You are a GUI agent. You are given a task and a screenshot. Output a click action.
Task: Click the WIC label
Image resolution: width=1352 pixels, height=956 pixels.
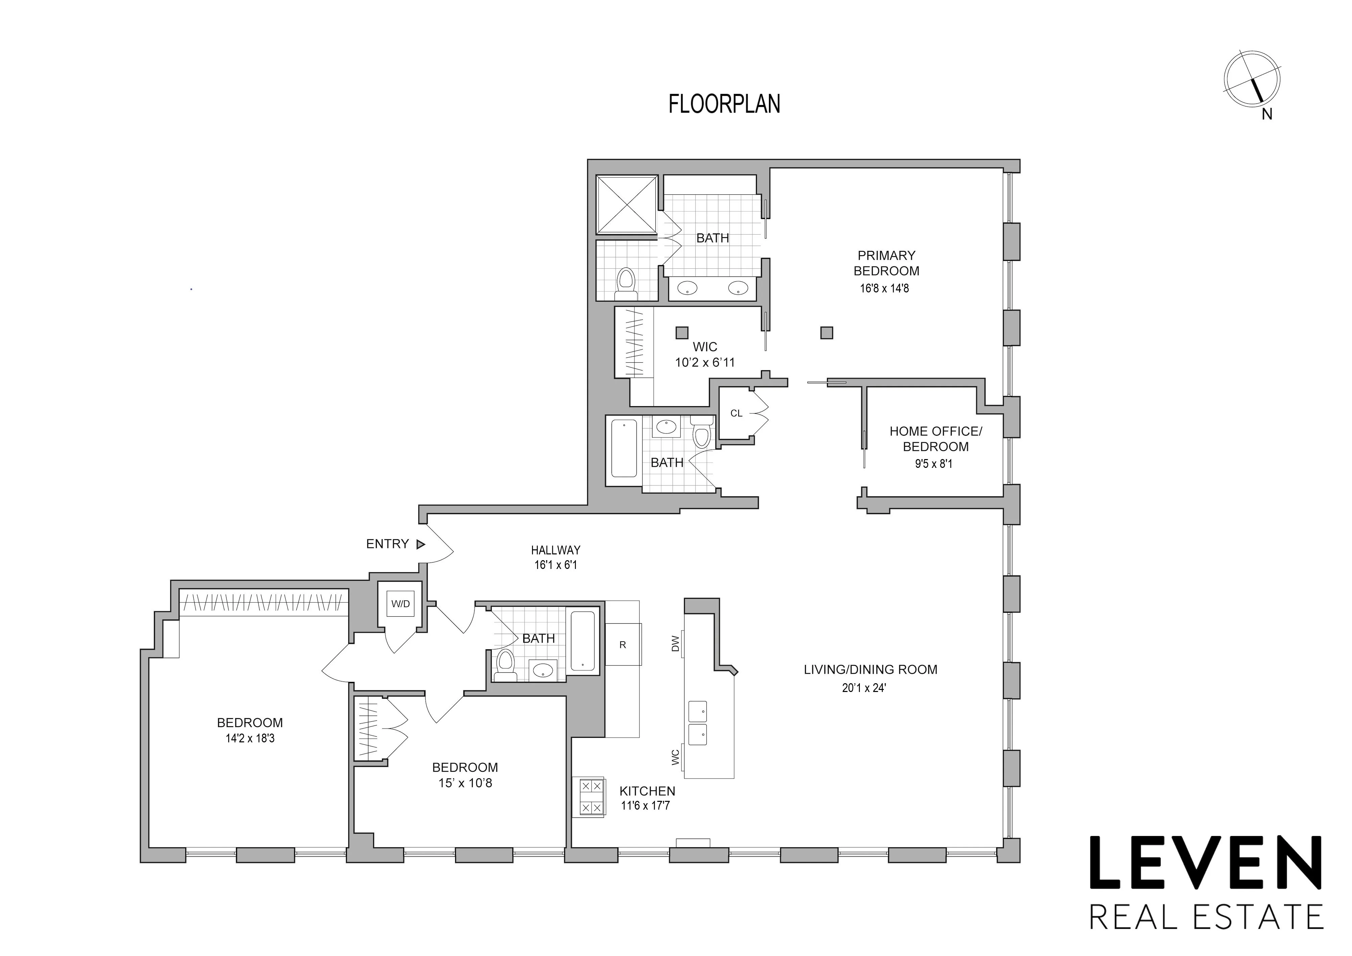(x=705, y=347)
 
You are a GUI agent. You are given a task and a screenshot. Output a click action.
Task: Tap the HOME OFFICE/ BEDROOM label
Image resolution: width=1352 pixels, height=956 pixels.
(x=935, y=439)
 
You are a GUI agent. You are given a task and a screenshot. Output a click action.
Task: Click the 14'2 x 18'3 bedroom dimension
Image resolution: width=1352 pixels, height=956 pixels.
(x=250, y=738)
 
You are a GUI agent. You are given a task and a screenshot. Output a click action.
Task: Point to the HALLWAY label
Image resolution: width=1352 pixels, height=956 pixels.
(x=555, y=550)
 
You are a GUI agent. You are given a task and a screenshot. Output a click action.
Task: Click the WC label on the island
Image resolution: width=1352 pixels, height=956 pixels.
(x=675, y=757)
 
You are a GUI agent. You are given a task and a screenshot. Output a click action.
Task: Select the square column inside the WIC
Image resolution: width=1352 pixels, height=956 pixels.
(x=682, y=332)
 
